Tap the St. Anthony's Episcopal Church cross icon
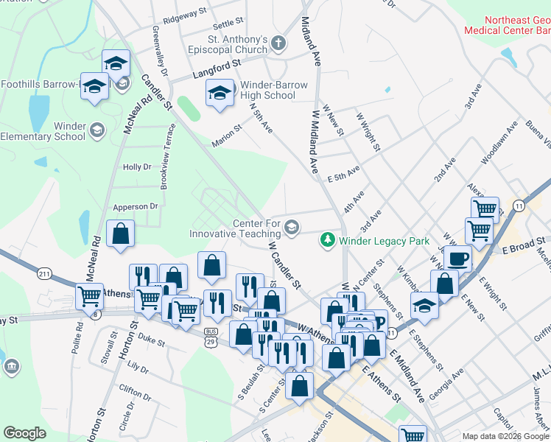279,43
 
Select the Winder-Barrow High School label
258,90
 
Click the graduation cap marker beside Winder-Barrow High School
219,94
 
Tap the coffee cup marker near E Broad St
458,259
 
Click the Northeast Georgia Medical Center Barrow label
507,27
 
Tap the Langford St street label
217,69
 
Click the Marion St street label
226,133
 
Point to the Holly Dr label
136,167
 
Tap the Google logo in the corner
24,433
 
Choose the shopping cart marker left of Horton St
89,296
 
